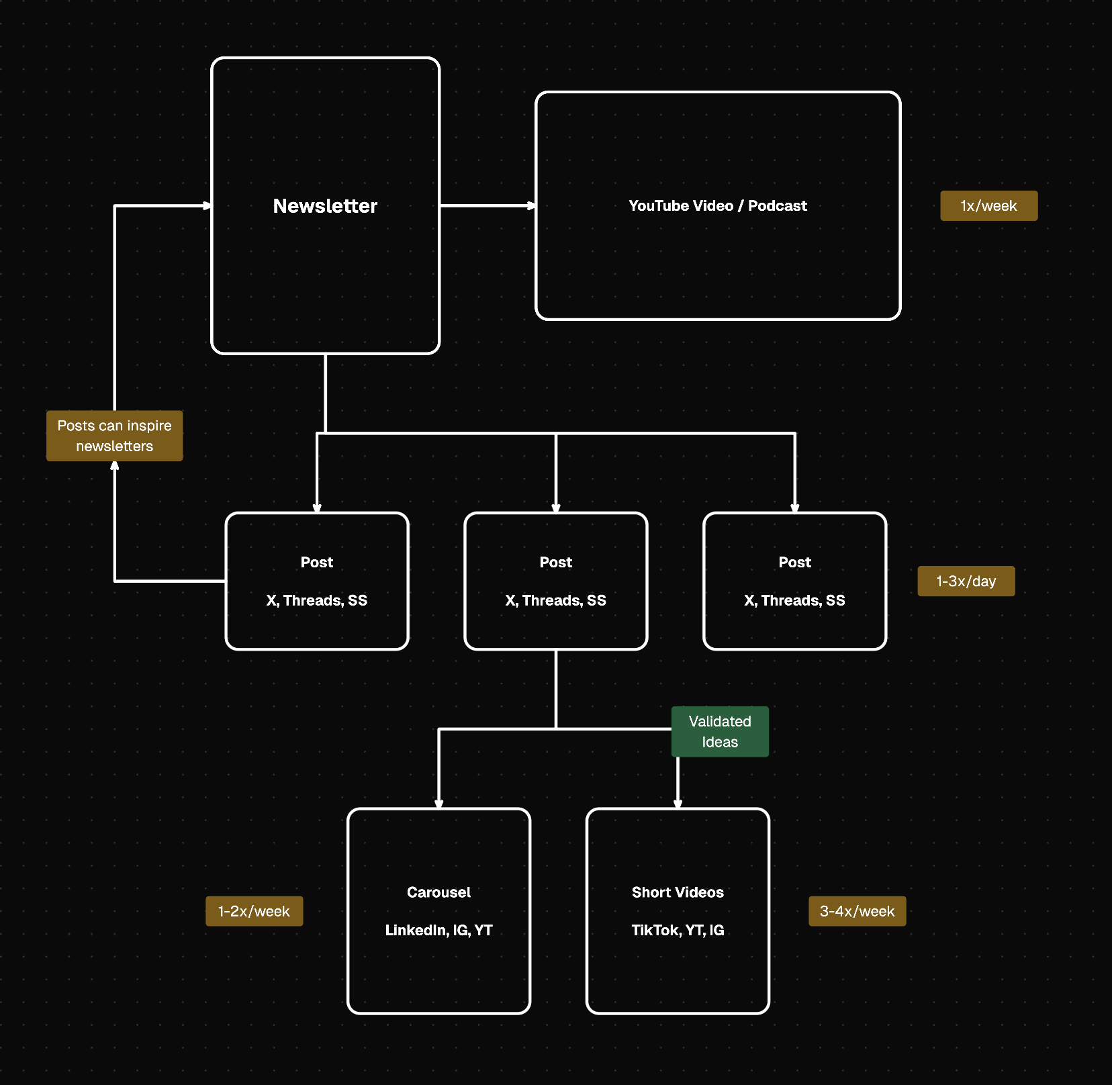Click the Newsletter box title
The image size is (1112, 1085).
point(325,206)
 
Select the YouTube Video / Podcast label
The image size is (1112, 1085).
point(717,206)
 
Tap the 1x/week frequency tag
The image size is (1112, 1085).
point(988,206)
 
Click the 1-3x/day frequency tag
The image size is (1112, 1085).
point(966,581)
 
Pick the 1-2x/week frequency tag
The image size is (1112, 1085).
point(254,911)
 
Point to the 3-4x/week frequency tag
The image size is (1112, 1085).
point(857,911)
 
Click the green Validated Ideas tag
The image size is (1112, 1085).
point(720,732)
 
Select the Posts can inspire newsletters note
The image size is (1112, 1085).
point(114,436)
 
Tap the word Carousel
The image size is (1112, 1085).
point(438,892)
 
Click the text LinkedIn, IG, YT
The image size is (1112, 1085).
point(438,930)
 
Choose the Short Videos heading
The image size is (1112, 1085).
point(678,892)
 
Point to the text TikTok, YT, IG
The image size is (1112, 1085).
point(678,930)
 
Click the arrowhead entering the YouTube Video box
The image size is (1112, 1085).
point(531,205)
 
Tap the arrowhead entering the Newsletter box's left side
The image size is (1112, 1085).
point(207,205)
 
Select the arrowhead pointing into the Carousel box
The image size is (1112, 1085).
point(438,804)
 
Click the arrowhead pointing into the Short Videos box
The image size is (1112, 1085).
point(678,804)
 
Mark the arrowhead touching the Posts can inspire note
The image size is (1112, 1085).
point(115,465)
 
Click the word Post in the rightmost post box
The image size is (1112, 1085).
point(794,563)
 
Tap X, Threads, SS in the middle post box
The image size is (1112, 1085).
point(555,600)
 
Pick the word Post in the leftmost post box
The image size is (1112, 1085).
point(316,563)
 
